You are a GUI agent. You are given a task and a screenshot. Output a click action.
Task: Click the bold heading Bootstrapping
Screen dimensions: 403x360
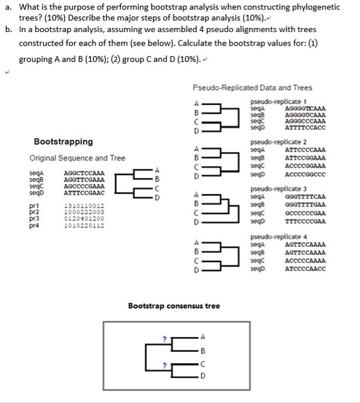(x=63, y=142)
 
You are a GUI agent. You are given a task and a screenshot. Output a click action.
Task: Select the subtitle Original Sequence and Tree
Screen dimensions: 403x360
(x=77, y=158)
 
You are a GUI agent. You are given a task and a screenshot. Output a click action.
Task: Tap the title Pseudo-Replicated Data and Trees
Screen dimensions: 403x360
(x=252, y=87)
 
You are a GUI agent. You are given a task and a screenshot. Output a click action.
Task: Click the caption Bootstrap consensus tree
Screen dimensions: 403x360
(x=174, y=306)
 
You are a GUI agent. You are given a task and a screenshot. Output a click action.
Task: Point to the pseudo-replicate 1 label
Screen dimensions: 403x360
(x=270, y=101)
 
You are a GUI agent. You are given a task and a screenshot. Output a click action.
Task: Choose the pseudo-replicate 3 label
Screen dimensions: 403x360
(x=270, y=190)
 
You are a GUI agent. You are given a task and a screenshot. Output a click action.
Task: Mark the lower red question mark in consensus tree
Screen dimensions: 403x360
(x=165, y=365)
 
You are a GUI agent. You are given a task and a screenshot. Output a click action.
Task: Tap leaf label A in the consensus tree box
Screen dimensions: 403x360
(x=203, y=337)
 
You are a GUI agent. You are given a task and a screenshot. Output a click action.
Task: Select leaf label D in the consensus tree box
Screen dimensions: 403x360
(x=203, y=375)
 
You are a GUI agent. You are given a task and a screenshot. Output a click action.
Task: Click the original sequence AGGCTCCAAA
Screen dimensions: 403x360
(x=84, y=174)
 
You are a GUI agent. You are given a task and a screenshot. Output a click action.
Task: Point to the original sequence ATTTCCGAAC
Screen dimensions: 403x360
(x=84, y=192)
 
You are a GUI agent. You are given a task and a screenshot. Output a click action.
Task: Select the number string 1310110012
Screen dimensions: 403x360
(x=84, y=206)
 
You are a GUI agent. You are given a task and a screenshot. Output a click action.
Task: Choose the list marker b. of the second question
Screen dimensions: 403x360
(x=9, y=29)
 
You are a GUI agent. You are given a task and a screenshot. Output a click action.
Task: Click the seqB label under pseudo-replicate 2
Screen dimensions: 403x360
(x=257, y=158)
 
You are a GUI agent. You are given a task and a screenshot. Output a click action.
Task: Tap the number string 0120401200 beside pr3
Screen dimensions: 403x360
(x=84, y=219)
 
